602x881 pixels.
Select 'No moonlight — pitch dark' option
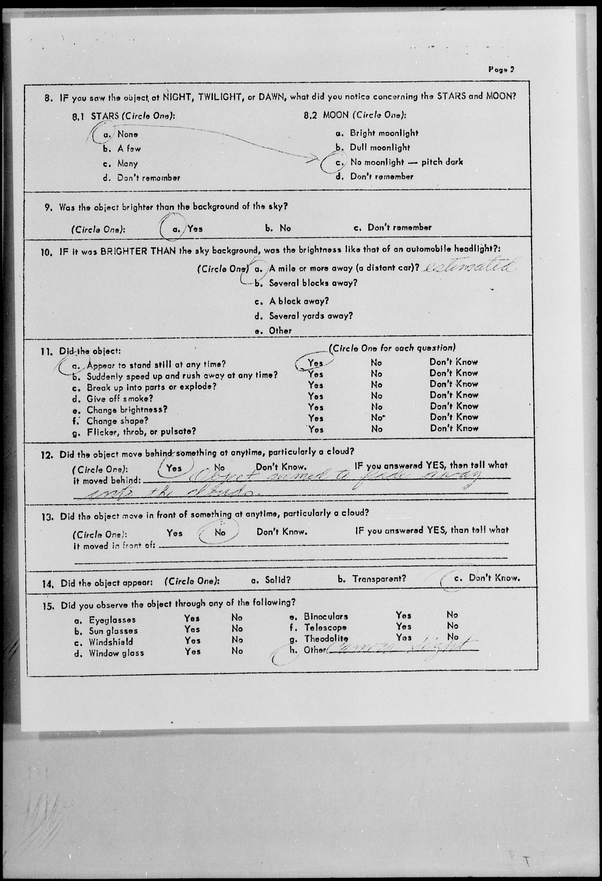406,162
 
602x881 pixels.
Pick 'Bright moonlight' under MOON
384,133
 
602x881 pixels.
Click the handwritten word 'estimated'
469,267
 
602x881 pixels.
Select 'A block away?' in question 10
298,301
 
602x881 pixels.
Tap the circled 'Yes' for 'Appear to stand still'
315,363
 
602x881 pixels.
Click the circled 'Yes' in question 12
174,468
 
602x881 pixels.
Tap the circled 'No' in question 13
220,532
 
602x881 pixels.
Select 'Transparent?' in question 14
379,579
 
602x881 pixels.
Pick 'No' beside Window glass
237,651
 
